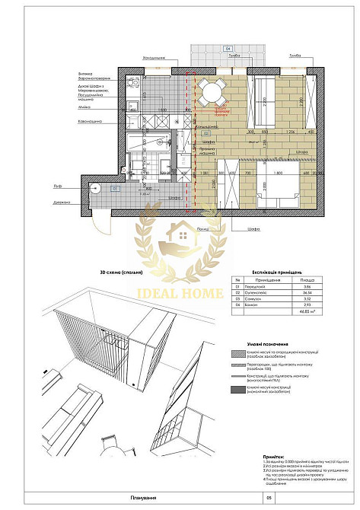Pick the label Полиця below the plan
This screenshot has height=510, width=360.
coord(202,228)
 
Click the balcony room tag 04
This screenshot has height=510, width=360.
coord(228,49)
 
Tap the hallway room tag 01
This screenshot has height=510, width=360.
coord(115,187)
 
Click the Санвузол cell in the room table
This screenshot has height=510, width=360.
coord(249,298)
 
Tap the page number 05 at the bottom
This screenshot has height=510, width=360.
coord(267,498)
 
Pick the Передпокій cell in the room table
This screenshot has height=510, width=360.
coord(250,285)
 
